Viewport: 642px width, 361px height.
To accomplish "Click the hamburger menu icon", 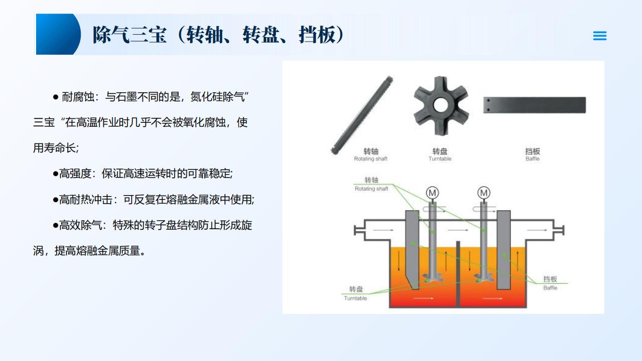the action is (599, 36).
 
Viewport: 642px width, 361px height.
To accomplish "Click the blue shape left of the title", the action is (58, 34).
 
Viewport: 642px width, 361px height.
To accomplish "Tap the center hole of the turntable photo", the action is (440, 105).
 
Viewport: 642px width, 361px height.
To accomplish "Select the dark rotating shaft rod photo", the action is (362, 115).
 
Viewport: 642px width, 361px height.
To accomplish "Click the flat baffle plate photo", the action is (535, 105).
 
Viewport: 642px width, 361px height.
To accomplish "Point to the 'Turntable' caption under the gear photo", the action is (440, 159).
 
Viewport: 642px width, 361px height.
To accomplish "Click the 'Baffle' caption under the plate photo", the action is (533, 159).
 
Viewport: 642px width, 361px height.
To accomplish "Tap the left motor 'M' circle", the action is (432, 193).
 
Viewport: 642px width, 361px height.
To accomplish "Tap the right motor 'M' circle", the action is (484, 193).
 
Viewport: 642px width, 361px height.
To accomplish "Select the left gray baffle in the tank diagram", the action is (412, 249).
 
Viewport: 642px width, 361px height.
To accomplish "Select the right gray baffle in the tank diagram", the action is (504, 250).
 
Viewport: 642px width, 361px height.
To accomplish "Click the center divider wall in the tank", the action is (458, 274).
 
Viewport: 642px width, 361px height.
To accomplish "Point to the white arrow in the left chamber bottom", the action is (423, 298).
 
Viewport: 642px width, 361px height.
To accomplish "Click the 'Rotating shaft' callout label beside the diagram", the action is (371, 189).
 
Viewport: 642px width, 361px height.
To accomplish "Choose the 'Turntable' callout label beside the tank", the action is (356, 298).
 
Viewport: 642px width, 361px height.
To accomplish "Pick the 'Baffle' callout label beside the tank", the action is (550, 288).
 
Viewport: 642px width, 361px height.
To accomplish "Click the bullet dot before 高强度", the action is (56, 174).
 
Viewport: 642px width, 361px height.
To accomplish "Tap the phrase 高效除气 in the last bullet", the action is (81, 225).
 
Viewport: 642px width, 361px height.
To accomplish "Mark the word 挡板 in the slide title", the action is (316, 35).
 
